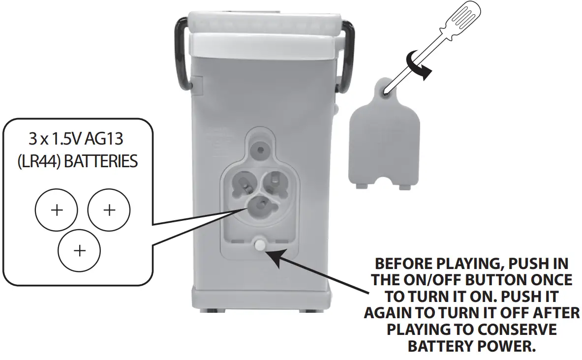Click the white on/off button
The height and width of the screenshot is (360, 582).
click(x=259, y=244)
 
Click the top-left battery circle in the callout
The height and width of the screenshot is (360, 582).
click(x=57, y=210)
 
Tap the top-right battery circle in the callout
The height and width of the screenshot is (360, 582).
click(x=109, y=210)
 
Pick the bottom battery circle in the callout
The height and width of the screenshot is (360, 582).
click(x=79, y=250)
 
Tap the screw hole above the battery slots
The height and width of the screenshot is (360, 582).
click(x=259, y=149)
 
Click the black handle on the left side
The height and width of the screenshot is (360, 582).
click(x=180, y=54)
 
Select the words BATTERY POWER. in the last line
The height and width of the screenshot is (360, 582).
click(x=471, y=346)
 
